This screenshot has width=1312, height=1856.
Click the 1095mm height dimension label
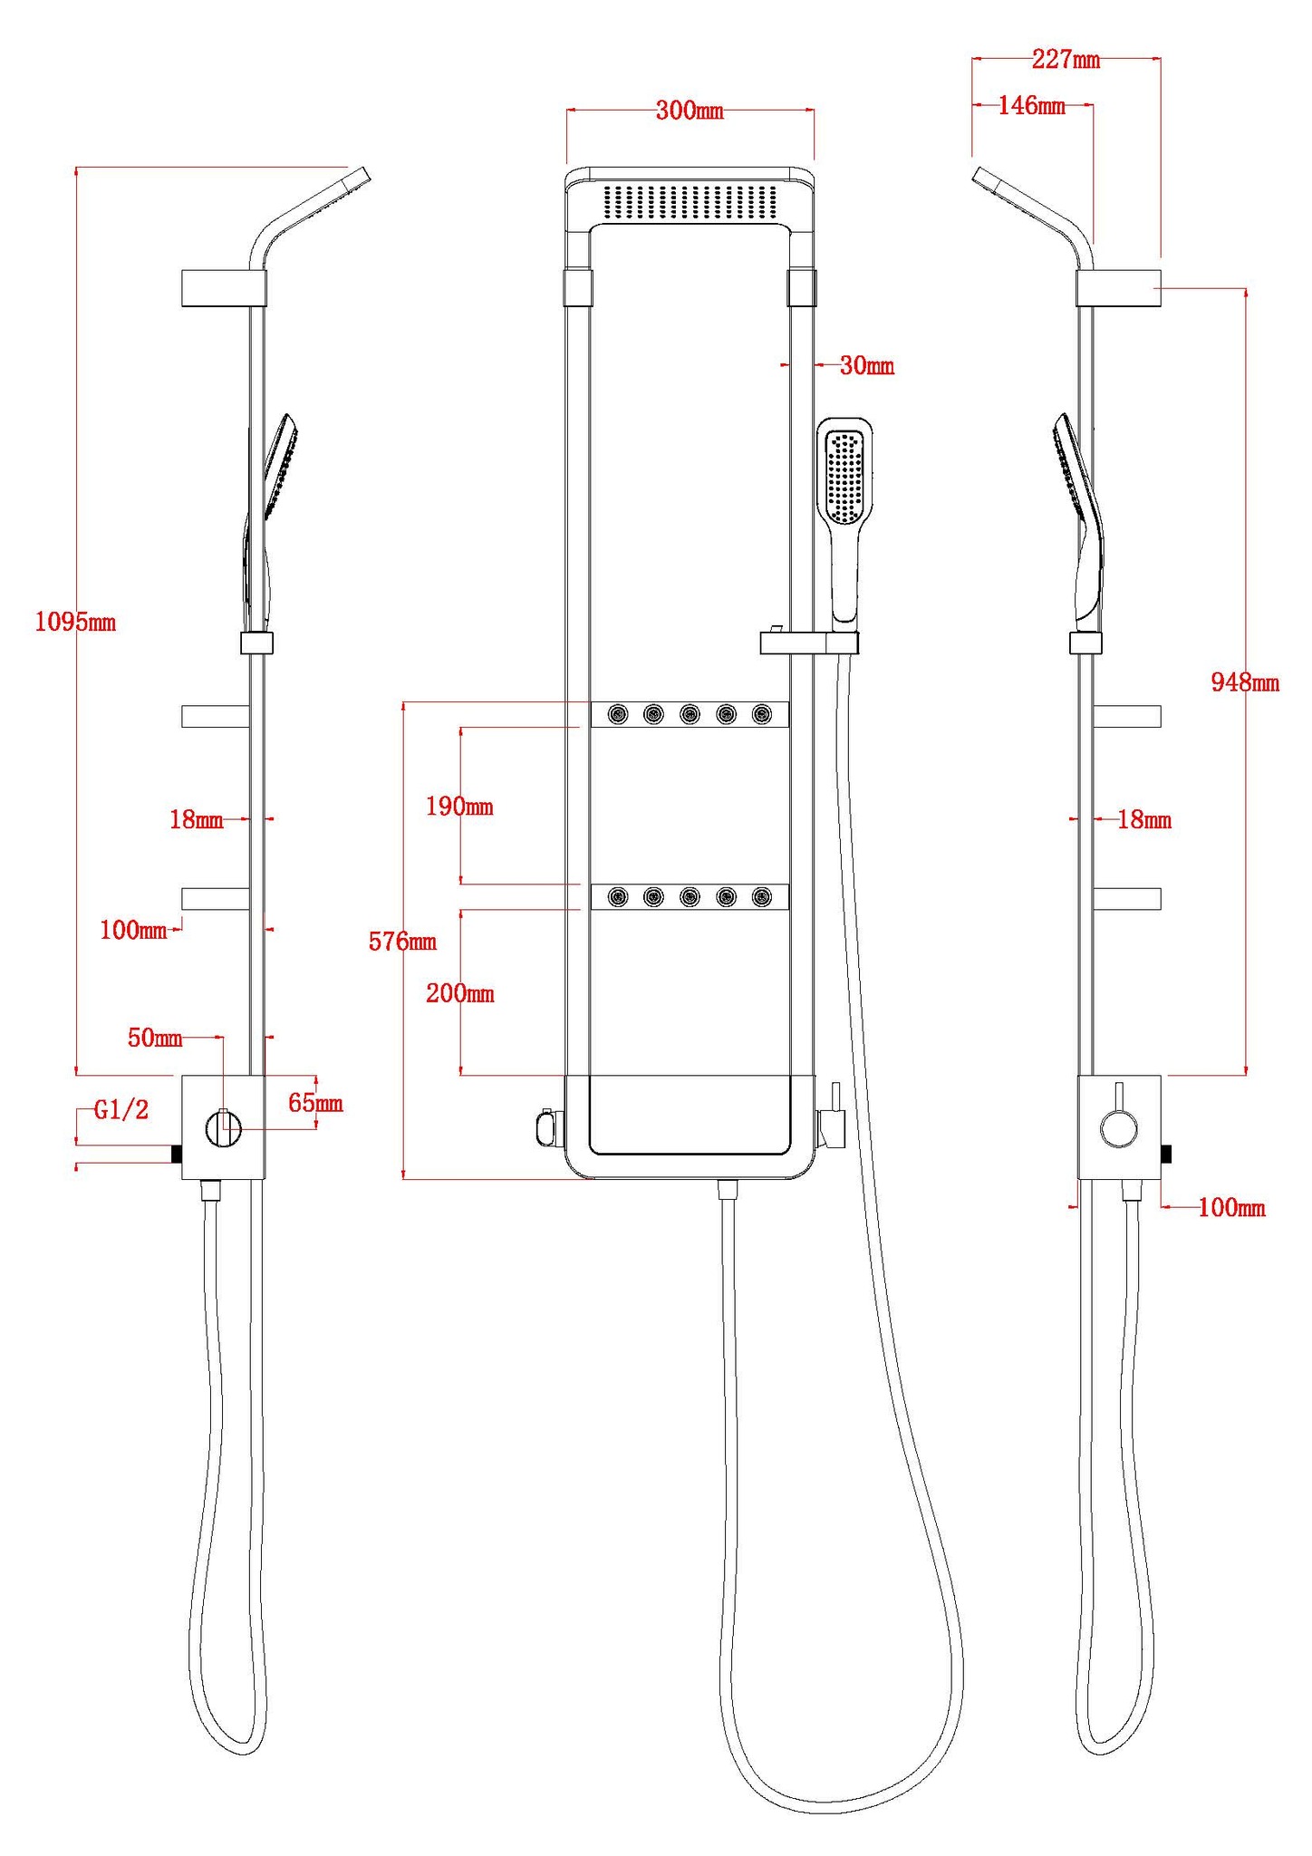click(x=75, y=623)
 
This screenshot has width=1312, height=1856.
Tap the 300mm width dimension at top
click(x=690, y=111)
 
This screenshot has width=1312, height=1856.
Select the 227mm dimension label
click(x=1066, y=60)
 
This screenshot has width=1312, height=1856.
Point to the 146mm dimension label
click(x=1032, y=105)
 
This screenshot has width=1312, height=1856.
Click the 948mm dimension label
click(x=1245, y=682)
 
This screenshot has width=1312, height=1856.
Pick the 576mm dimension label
click(x=402, y=942)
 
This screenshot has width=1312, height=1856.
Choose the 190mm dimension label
click(x=459, y=807)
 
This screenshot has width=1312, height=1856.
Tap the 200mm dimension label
click(x=460, y=993)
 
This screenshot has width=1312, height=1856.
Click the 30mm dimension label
click(x=867, y=365)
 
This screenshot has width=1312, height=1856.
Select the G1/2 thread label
click(x=121, y=1110)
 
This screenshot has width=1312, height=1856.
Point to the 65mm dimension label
click(x=315, y=1103)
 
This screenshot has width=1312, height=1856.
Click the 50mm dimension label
click(x=155, y=1038)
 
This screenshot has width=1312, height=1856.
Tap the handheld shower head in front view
click(x=844, y=520)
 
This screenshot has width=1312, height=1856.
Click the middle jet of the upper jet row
click(x=690, y=714)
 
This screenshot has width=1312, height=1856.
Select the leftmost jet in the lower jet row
click(x=617, y=897)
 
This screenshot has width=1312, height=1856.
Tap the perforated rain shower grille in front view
click(x=690, y=201)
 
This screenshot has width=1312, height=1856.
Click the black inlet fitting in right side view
click(x=1167, y=1154)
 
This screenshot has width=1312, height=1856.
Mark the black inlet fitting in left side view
click(x=177, y=1154)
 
